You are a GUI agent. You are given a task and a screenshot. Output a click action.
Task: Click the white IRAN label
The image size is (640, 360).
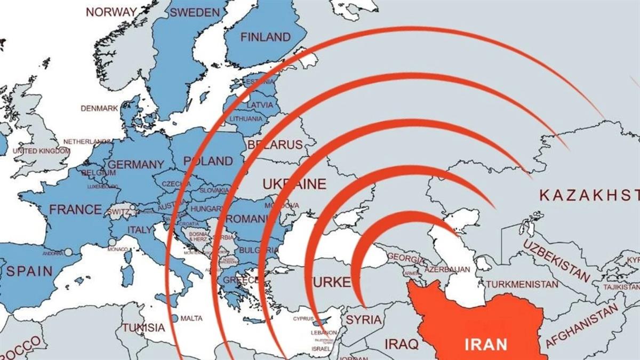coord(486,344)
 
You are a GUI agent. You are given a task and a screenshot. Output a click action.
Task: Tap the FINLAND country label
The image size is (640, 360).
coord(265,37)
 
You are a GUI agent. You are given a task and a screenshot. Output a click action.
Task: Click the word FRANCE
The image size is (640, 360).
coord(75,209)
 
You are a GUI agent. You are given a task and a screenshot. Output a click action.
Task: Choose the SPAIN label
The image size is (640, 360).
coord(30,270)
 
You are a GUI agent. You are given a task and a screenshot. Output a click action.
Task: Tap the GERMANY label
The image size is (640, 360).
coord(135,164)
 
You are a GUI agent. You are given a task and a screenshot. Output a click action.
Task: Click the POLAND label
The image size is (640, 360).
coord(208,161)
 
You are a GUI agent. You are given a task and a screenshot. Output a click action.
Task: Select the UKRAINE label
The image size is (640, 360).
coord(294,185)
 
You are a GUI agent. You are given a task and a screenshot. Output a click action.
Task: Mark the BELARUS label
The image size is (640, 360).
coord(275,145)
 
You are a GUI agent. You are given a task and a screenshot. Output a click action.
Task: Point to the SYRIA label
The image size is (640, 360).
coord(364,320)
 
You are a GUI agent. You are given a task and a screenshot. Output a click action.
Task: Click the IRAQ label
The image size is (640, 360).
coord(399,342)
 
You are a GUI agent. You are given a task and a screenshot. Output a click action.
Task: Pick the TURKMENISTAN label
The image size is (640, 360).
coord(522,284)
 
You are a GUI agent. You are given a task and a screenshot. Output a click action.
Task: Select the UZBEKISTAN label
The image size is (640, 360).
coord(556,260)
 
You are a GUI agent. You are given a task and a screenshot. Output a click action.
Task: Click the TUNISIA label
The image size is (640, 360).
coord(143,327)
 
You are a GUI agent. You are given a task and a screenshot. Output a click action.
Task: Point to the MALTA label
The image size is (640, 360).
coord(191,318)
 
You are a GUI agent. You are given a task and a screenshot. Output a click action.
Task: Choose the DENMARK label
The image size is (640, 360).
coord(99,108)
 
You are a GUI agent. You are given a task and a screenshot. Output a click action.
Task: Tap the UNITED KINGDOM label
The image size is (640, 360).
coord(41,151)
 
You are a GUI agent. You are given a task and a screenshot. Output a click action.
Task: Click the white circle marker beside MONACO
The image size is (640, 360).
coord(111,242)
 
